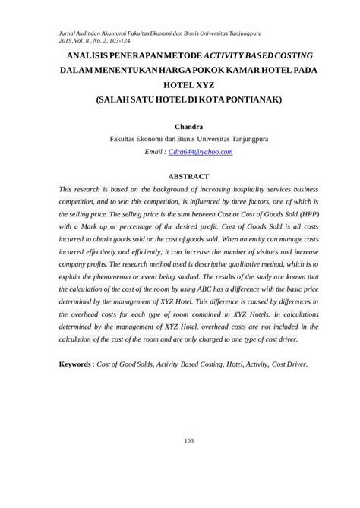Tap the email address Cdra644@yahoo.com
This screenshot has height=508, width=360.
click(x=201, y=152)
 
